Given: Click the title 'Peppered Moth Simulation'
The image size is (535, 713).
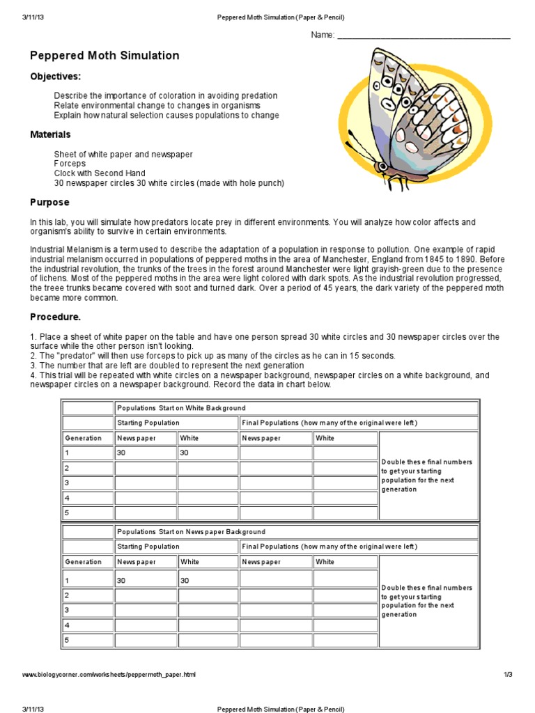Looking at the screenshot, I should tap(104, 56).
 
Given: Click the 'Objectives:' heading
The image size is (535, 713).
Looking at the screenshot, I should tap(55, 76).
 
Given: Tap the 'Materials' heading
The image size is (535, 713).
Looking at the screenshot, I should tap(50, 134).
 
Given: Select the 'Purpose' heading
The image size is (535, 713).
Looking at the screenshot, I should tap(49, 203).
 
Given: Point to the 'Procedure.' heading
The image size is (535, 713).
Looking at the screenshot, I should tap(55, 317).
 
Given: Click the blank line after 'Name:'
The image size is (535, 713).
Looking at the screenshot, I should tap(424, 36).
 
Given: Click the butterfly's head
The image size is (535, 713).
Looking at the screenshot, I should tap(381, 166).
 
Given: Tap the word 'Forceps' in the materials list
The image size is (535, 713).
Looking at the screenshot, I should tap(70, 164).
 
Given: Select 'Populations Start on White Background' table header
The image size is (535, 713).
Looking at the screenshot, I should tap(181, 408).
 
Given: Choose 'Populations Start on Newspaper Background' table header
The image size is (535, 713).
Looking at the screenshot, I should tap(191, 532).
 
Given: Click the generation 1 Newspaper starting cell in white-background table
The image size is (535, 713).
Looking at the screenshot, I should tap(145, 453).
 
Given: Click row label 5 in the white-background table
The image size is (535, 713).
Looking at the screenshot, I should tap(67, 513).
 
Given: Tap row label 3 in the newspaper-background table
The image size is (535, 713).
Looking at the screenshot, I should tap(67, 609).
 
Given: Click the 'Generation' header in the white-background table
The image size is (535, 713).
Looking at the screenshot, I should tap(83, 438).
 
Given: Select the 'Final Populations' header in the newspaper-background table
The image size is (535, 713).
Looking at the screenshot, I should tap(329, 547).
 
